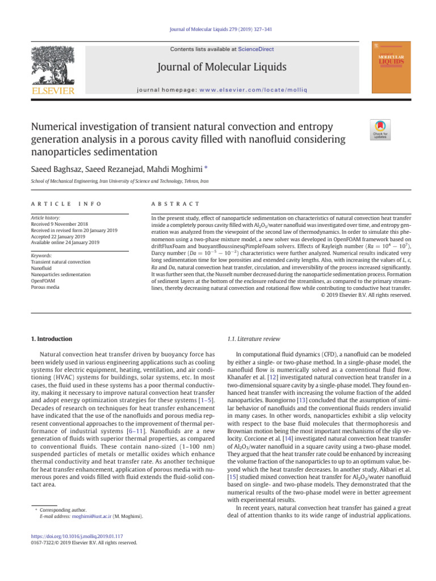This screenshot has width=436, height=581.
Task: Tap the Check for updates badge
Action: point(380,130)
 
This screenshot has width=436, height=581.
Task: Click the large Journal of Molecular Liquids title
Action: point(222,68)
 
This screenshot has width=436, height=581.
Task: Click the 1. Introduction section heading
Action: point(51,339)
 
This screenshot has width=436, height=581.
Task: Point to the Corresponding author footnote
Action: point(63,510)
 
